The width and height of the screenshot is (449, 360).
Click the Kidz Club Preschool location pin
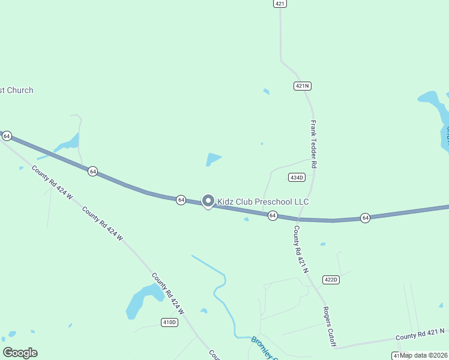click(x=208, y=201)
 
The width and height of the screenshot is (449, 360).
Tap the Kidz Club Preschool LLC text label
click(x=263, y=202)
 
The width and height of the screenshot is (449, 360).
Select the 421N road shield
click(x=303, y=86)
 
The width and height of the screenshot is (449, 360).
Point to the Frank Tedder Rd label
click(x=313, y=143)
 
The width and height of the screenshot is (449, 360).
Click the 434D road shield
click(x=297, y=177)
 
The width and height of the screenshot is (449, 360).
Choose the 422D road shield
click(x=331, y=280)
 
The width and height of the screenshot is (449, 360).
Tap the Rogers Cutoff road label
click(x=329, y=326)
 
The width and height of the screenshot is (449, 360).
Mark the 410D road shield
click(x=170, y=322)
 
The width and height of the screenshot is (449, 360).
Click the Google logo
click(x=20, y=352)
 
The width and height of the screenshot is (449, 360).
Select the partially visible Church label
click(x=16, y=90)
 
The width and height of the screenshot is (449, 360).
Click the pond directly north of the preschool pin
click(x=213, y=160)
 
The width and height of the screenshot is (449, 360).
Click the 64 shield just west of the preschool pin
click(x=181, y=200)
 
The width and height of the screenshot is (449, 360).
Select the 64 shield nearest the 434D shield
click(x=273, y=215)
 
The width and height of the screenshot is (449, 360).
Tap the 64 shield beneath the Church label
click(x=7, y=136)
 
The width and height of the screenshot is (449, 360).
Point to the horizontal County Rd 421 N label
click(x=420, y=334)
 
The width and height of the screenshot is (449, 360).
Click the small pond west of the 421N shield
click(x=266, y=91)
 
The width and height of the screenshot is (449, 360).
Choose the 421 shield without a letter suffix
click(x=280, y=4)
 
